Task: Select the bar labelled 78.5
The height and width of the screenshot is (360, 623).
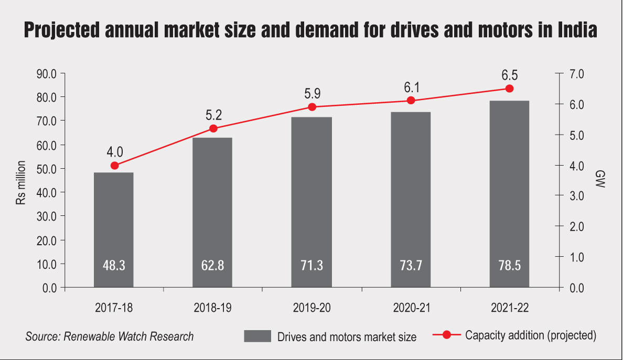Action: [x=509, y=194]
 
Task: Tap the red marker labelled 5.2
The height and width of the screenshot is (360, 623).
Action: [x=213, y=128]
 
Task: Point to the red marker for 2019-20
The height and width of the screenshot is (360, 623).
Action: [x=312, y=107]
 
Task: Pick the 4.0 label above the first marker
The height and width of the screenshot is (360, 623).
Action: [x=114, y=152]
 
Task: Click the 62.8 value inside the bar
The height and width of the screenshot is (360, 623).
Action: [x=212, y=266]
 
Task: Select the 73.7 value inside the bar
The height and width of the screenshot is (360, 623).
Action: [x=411, y=266]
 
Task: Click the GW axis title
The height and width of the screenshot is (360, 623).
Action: [x=600, y=180]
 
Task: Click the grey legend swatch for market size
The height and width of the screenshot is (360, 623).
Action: [x=257, y=336]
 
